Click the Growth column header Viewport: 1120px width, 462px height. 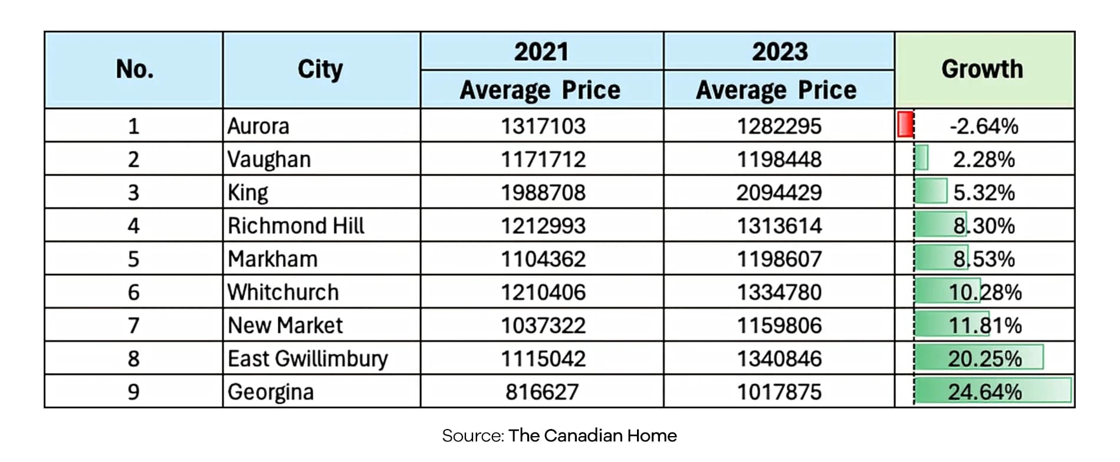click(x=982, y=69)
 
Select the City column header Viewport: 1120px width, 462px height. click(x=320, y=70)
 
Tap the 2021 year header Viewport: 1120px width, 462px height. click(x=541, y=51)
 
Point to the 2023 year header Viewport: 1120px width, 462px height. click(x=780, y=51)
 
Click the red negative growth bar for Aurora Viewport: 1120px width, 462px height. click(x=905, y=124)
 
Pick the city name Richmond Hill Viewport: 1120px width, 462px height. click(x=296, y=226)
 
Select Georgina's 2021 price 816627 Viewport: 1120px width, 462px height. click(x=542, y=392)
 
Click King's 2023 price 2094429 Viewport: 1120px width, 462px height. click(x=779, y=193)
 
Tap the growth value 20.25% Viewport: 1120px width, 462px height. click(x=985, y=358)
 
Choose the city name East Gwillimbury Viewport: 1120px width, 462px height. click(x=308, y=359)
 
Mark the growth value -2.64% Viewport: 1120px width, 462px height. click(x=984, y=126)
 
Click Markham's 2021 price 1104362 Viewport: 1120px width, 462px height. click(x=543, y=259)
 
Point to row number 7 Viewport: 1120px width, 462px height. click(x=134, y=325)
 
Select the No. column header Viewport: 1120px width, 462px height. click(x=135, y=70)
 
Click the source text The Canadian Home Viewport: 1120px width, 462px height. click(x=593, y=435)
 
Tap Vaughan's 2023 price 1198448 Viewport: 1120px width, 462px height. click(x=779, y=159)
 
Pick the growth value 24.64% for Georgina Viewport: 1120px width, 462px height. click(x=985, y=392)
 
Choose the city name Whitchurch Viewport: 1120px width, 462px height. click(x=283, y=292)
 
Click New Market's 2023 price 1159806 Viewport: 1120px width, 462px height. click(x=779, y=325)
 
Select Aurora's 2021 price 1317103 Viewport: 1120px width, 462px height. click(x=543, y=126)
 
